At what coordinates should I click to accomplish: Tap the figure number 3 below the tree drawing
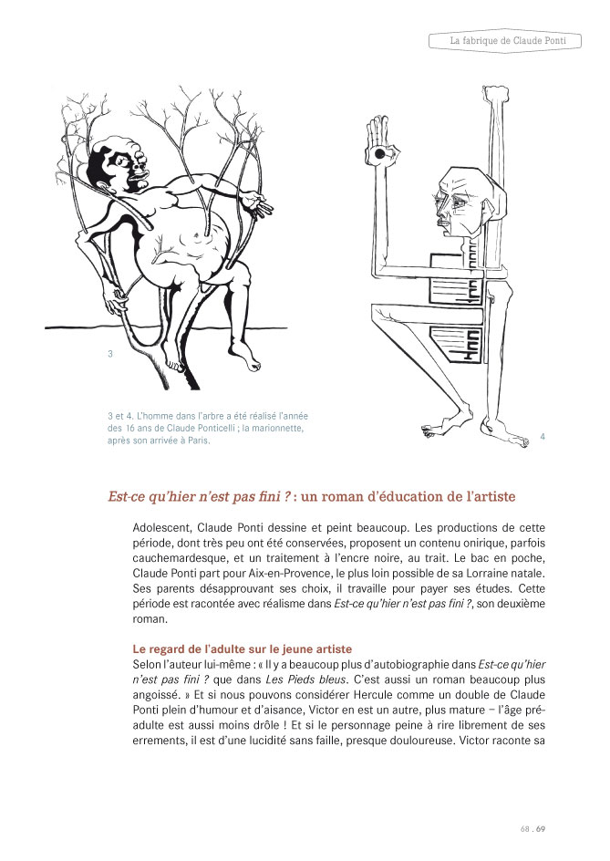(110, 354)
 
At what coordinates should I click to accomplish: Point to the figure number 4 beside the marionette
(543, 437)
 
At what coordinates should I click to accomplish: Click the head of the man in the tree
(118, 165)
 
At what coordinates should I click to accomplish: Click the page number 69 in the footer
(540, 829)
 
